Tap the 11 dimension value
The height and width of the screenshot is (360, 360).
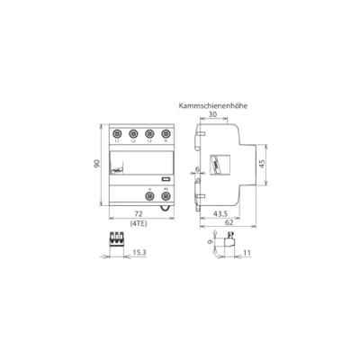coord(247,253)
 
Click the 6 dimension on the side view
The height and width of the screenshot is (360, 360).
coord(197,168)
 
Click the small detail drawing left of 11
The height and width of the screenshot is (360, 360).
coord(227,241)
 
